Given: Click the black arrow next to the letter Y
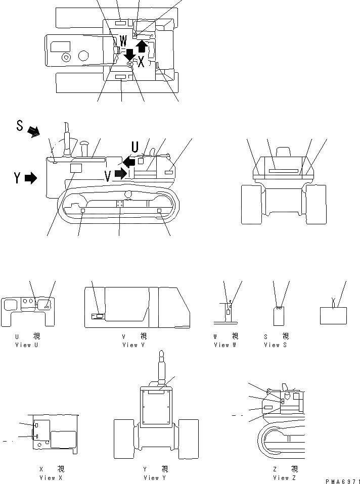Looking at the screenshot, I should click(30, 178).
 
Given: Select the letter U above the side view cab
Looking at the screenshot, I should click(135, 147).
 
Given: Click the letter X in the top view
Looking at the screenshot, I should click(141, 62).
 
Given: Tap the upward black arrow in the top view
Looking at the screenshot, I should click(142, 46).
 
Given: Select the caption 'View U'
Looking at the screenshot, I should click(27, 345).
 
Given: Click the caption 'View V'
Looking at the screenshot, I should click(134, 345).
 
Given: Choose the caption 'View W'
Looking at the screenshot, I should click(226, 345).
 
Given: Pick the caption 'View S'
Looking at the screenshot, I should click(276, 345).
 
